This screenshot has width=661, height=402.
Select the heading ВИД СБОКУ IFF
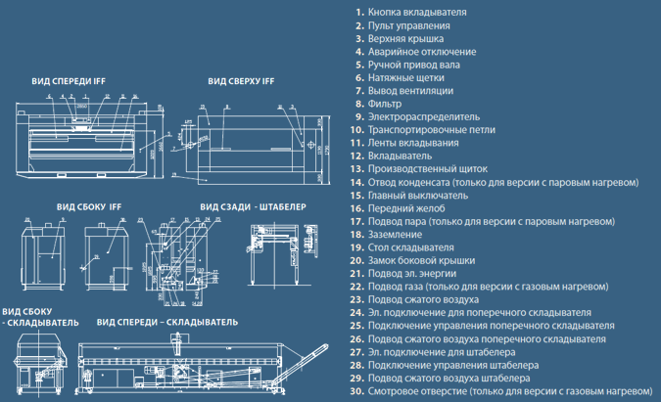(88, 206)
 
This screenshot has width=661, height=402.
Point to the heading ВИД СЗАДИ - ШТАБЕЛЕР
(254, 206)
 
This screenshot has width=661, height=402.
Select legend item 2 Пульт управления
(411, 24)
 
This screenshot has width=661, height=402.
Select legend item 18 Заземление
(396, 234)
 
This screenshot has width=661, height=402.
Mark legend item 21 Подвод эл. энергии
(415, 273)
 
